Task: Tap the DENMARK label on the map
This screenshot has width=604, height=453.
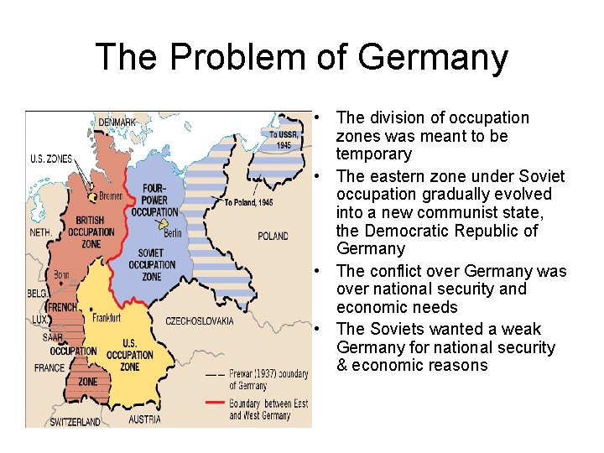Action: (117, 122)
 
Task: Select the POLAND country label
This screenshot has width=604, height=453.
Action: (273, 236)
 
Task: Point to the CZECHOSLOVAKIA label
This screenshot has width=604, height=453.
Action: (199, 320)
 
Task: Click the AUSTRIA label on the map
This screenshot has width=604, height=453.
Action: (144, 419)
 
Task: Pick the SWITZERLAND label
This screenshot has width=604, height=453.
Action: (75, 421)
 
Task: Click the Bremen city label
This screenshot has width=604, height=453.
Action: (110, 195)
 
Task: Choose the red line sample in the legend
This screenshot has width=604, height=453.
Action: (216, 404)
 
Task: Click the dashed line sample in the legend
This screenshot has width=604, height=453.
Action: (216, 373)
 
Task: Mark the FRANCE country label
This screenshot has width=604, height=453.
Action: (49, 367)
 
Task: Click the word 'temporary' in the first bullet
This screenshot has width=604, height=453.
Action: (373, 154)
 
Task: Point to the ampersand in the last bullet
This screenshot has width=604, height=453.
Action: (342, 366)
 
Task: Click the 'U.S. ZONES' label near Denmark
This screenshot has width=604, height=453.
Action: (50, 159)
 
